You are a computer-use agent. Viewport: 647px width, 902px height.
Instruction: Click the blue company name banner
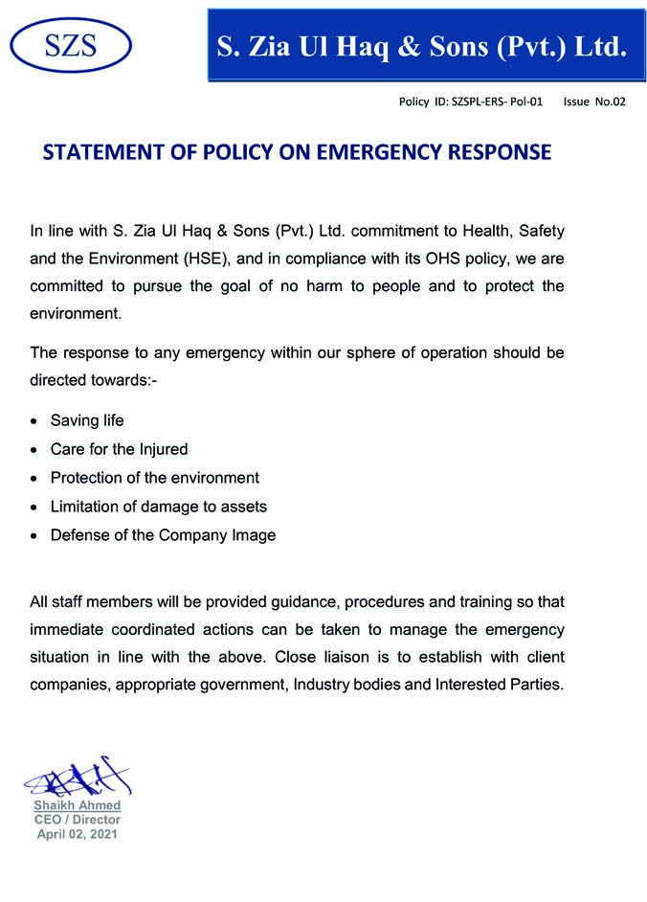tap(421, 45)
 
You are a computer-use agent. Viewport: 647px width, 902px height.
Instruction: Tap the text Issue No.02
tap(593, 101)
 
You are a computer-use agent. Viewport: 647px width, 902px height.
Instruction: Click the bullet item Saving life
tap(87, 420)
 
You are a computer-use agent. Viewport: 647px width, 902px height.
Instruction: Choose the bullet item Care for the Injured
tap(119, 449)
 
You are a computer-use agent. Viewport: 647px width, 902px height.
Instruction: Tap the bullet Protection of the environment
tap(154, 478)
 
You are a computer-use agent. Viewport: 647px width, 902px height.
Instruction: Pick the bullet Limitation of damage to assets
tap(158, 507)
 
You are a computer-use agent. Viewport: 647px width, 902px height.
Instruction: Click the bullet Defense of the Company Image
tap(163, 535)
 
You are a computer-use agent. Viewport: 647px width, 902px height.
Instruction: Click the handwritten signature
tap(77, 778)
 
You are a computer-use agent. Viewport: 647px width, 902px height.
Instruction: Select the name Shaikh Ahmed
tap(78, 805)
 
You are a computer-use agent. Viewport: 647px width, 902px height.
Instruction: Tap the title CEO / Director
tap(78, 820)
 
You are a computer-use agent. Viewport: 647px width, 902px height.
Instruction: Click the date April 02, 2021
tap(78, 834)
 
